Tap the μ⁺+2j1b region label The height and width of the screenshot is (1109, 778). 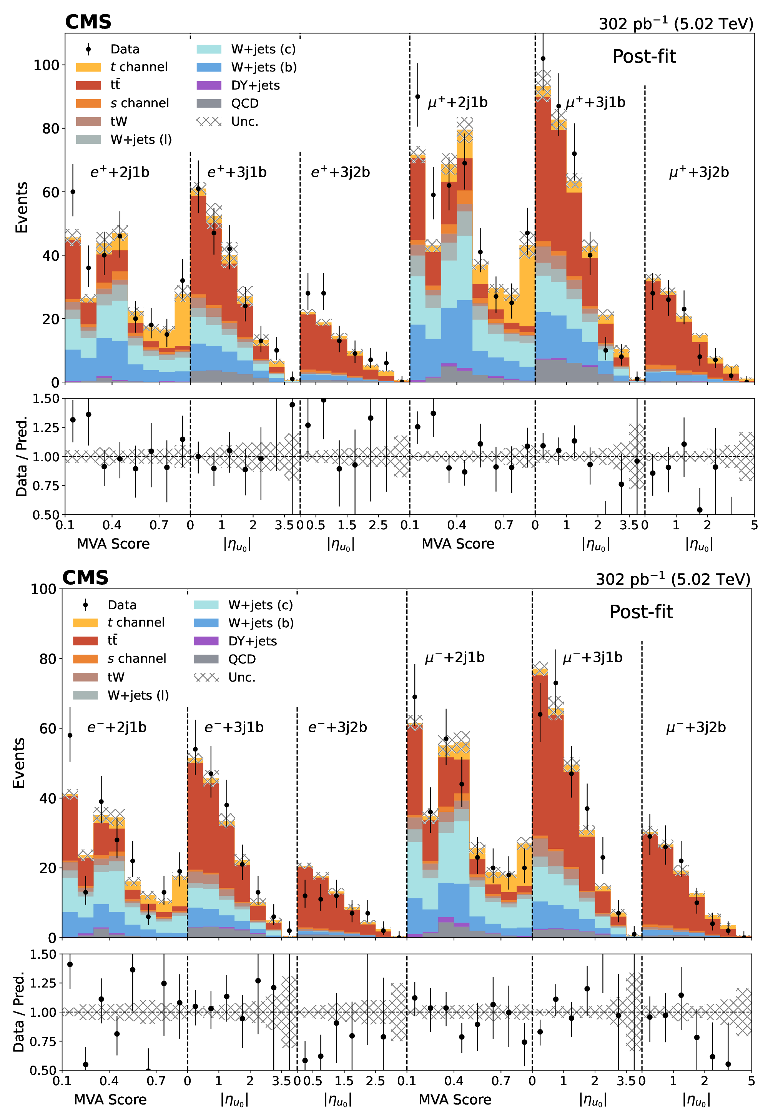click(457, 102)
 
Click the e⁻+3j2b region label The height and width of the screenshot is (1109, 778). click(337, 727)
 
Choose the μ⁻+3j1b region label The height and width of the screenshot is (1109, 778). click(593, 657)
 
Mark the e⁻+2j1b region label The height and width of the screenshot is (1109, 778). click(117, 727)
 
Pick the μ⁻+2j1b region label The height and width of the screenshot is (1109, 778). click(454, 657)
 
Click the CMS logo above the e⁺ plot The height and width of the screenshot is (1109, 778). click(88, 22)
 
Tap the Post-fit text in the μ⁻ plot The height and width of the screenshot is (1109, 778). click(641, 612)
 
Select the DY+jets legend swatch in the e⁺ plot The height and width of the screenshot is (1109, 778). click(209, 85)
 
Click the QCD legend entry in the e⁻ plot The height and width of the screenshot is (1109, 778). click(242, 659)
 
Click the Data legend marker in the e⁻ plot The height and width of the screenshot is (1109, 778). click(85, 605)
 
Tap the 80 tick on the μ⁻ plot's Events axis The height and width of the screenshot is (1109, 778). click(47, 659)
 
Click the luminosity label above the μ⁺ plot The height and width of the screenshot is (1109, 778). click(676, 24)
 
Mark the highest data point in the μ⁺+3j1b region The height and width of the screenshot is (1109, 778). click(543, 58)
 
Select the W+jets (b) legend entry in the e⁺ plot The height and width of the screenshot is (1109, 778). click(264, 67)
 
